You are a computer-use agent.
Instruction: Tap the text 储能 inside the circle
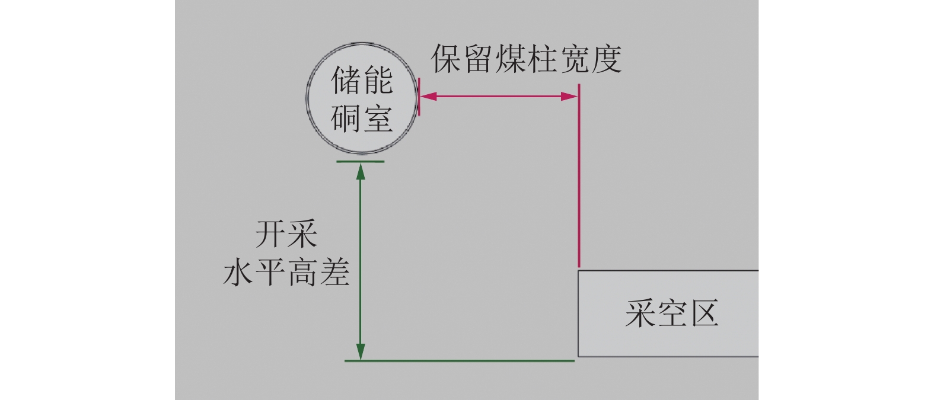pos(361,80)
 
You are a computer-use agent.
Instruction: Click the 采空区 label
pos(671,313)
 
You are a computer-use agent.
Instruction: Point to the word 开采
pos(286,235)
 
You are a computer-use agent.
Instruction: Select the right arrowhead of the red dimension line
pos(570,96)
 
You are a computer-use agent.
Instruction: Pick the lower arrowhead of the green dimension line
pos(360,351)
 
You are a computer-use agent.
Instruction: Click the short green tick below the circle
pos(360,161)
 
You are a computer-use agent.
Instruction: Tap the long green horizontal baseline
pos(460,360)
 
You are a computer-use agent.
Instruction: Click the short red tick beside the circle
pos(419,96)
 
